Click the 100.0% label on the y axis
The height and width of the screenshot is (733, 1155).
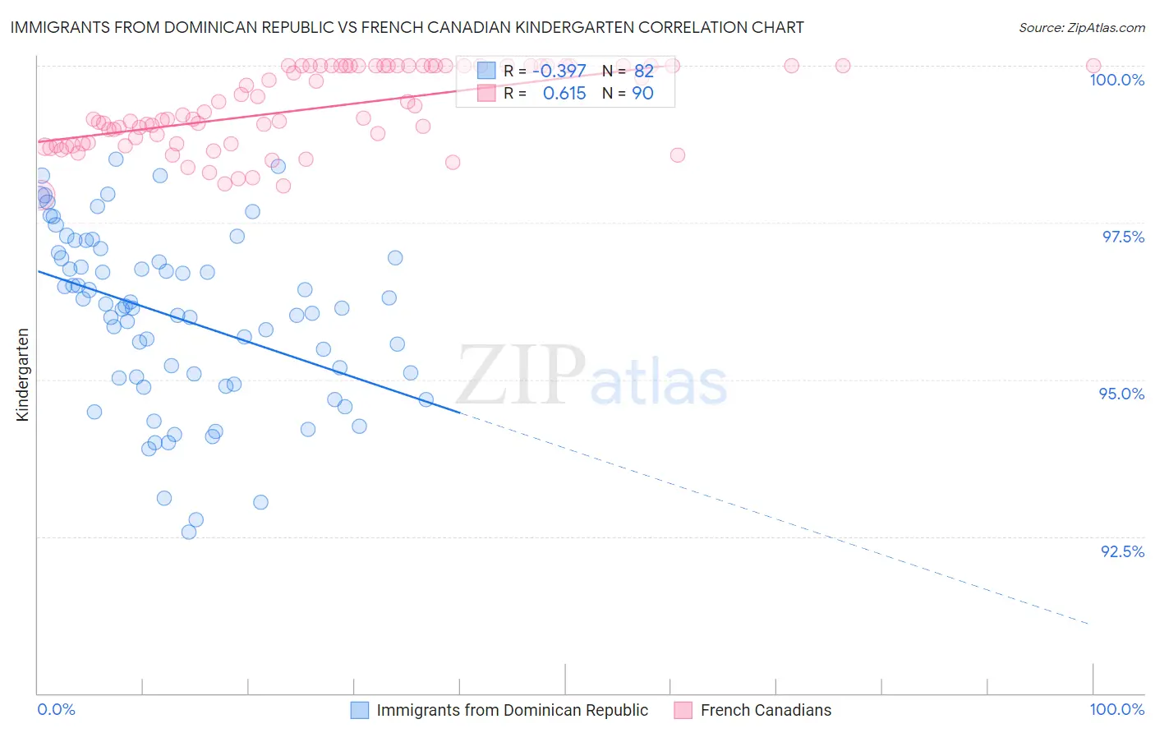click(x=1116, y=80)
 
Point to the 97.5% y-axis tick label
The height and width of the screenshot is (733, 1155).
click(x=1123, y=237)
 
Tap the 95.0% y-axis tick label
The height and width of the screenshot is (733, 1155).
click(x=1121, y=394)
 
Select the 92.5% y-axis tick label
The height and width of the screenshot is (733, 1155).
click(x=1122, y=551)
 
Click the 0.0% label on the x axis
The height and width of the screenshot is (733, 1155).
click(x=56, y=709)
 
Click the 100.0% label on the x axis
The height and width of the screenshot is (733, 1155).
click(x=1116, y=709)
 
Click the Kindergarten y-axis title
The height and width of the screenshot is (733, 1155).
click(x=22, y=375)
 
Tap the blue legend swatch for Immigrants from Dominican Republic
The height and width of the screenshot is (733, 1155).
click(x=360, y=710)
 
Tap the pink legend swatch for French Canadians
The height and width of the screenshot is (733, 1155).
click(x=683, y=710)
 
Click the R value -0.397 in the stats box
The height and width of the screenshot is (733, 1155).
click(x=559, y=71)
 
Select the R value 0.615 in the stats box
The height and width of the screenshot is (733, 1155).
click(x=564, y=94)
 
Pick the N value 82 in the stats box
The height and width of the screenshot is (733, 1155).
click(x=643, y=71)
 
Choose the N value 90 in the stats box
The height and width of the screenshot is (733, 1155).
click(x=642, y=94)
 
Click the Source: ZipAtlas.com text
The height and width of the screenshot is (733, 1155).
click(x=1081, y=27)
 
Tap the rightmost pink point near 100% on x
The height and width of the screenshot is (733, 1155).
click(x=1093, y=66)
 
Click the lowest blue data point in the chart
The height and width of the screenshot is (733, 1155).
click(x=189, y=532)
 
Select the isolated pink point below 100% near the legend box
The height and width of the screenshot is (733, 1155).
click(x=678, y=155)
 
